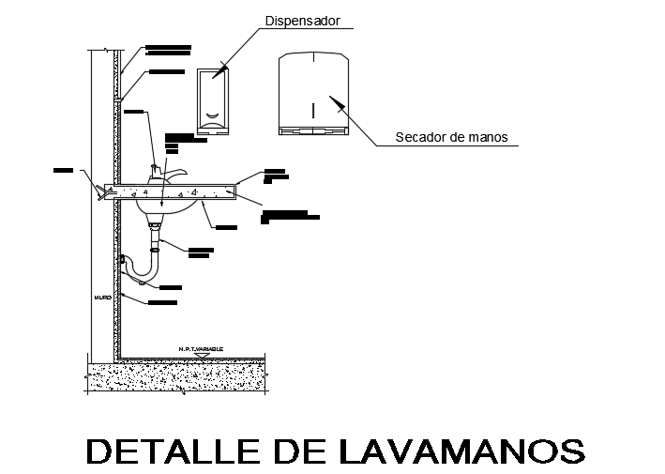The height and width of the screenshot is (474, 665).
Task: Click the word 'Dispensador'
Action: [301, 21]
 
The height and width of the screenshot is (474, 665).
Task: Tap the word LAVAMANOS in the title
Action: [459, 451]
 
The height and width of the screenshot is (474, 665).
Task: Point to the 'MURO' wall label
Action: [102, 298]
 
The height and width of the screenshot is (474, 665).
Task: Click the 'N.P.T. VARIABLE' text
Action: [201, 349]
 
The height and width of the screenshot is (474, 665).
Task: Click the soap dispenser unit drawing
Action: [213, 100]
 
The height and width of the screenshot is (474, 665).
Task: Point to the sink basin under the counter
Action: [165, 207]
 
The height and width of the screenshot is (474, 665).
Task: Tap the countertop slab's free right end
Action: [230, 191]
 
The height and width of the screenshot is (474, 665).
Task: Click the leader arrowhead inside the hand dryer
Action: [330, 99]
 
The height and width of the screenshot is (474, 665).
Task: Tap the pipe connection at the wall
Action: [123, 259]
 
